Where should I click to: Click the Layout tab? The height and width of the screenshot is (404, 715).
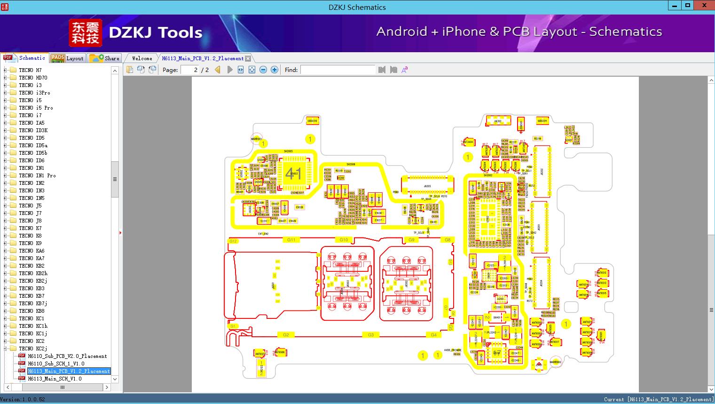point(67,58)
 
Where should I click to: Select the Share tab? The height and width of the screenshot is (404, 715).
point(105,58)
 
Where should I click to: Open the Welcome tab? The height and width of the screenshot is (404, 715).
point(142,58)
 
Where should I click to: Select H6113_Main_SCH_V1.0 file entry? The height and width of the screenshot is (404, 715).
point(55,379)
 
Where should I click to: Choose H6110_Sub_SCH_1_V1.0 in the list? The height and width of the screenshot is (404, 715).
point(56,364)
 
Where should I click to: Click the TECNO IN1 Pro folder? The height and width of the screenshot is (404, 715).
point(37,175)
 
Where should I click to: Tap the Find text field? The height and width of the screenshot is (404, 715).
point(338,70)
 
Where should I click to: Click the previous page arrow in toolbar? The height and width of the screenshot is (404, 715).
point(218,70)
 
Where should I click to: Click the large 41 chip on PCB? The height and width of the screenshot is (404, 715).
point(293,173)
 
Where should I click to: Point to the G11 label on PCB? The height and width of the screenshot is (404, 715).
point(291,240)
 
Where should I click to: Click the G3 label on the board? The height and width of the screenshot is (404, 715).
point(371,335)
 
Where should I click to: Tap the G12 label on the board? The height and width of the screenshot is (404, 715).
point(233,241)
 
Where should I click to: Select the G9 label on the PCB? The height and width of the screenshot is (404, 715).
point(411,240)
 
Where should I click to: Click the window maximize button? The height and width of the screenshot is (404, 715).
point(688,5)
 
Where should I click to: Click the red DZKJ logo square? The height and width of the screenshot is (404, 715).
point(85,33)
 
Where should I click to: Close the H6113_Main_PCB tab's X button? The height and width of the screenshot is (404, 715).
point(248,58)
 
